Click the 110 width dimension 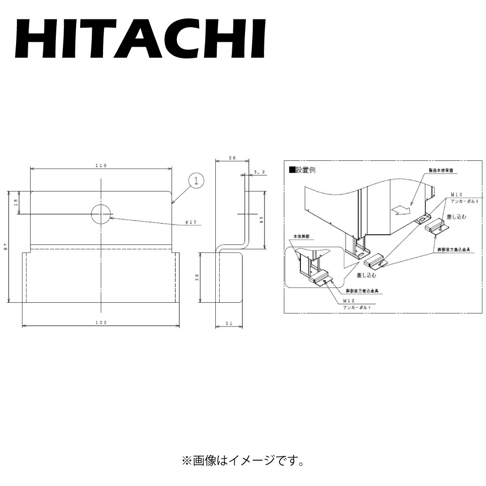click(101, 166)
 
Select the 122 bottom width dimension click(101, 322)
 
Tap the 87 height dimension click(5, 247)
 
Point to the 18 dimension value click(16, 203)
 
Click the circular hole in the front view click(101, 214)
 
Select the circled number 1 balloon click(196, 181)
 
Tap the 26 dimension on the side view click(232, 158)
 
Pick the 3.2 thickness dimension click(260, 172)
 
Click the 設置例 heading click(305, 170)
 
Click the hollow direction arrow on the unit click(401, 209)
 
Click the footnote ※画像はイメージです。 click(243, 459)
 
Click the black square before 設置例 click(292, 170)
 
